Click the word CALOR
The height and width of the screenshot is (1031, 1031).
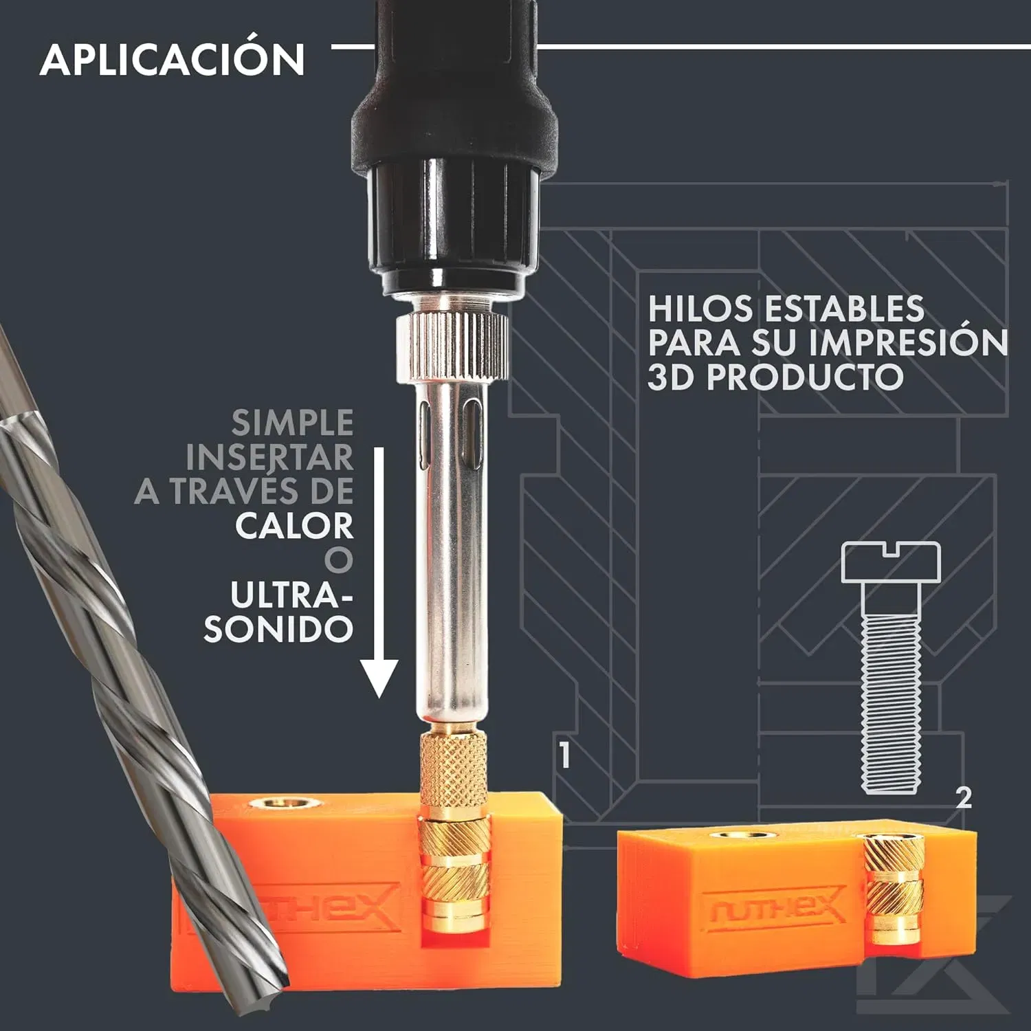(294, 526)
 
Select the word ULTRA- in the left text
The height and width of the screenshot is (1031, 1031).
(291, 595)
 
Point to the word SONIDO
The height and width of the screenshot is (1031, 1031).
(278, 629)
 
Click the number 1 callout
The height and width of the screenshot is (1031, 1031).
(564, 754)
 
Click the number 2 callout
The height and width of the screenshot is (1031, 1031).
(964, 797)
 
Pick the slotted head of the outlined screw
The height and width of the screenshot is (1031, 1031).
(890, 563)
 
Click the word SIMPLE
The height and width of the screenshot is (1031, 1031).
(293, 423)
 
